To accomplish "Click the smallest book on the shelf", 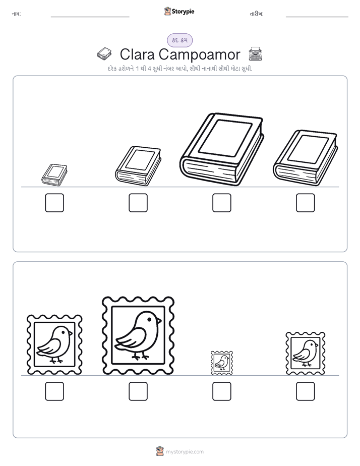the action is click(54, 174).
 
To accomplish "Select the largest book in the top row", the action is click(221, 149).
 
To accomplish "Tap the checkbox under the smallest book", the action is click(54, 203).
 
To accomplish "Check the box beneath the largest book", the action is click(221, 203).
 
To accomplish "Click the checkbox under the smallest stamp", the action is click(221, 391).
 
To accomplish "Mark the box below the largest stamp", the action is click(138, 391).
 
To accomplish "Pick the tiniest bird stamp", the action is click(221, 363).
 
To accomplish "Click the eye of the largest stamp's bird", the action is click(149, 319).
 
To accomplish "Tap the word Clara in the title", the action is click(137, 54).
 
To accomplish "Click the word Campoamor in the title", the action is click(199, 54).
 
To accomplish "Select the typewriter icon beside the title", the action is click(255, 54).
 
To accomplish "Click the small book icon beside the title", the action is click(104, 54).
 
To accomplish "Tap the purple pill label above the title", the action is click(179, 40).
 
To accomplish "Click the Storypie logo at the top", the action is click(179, 11).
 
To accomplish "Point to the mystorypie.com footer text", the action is click(185, 452).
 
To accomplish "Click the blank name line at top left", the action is click(90, 17).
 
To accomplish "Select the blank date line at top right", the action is click(317, 17).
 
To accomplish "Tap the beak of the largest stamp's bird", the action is click(159, 321).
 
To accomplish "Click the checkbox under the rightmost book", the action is click(306, 203).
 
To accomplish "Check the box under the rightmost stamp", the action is click(306, 391).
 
